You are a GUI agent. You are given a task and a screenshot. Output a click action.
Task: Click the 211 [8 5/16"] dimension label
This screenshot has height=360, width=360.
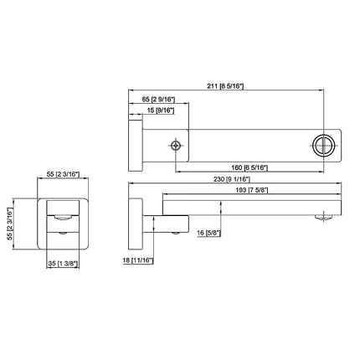pos(225,86)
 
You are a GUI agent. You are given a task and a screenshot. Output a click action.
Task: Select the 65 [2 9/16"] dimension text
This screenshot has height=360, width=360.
pos(158,99)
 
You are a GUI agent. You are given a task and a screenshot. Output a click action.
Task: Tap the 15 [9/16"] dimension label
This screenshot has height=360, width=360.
pos(161,111)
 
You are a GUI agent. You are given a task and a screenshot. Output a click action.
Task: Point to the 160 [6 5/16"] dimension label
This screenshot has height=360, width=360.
pos(249,167)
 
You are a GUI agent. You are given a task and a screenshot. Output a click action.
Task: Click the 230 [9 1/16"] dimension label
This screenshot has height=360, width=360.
pos(232,179)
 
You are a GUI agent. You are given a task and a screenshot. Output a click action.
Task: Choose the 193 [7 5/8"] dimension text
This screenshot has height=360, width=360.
pos(252,190)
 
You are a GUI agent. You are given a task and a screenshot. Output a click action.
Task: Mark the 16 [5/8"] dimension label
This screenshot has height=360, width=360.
pos(209,233)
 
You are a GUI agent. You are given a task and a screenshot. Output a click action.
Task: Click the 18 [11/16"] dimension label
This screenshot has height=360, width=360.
pos(138,260)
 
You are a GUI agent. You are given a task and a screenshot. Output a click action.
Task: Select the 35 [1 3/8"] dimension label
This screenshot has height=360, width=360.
pos(63,264)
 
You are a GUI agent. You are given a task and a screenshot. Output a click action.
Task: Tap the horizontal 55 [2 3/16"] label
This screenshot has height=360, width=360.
pos(63,174)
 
